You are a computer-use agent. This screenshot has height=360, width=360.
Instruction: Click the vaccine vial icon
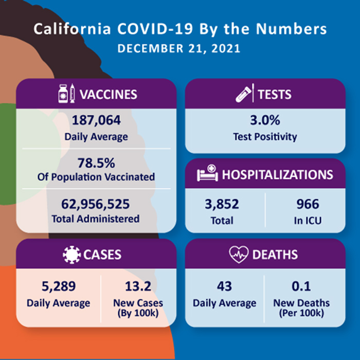point(63,94)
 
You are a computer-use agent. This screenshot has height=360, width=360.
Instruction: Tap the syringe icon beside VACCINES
point(73,93)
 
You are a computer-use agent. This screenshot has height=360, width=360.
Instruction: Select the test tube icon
point(243,94)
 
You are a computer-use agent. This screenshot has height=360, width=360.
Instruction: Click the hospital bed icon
point(207,173)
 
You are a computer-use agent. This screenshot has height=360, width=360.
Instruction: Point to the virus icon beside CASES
point(71,255)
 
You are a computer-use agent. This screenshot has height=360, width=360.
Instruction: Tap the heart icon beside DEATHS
point(239,255)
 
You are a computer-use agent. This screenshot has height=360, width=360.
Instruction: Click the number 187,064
point(96,120)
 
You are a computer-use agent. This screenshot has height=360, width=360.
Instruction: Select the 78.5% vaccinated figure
point(96,163)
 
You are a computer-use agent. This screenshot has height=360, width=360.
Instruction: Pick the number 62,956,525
point(96,204)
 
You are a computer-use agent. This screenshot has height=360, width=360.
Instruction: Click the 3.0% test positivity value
point(265,120)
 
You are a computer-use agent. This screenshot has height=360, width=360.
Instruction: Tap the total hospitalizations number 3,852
point(222,204)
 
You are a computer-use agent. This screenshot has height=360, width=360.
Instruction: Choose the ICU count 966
point(308,204)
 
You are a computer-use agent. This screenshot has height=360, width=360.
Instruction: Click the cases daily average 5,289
point(59,286)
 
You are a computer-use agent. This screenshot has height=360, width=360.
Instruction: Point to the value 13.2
point(138,286)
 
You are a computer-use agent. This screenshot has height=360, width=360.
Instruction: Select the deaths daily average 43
point(224,286)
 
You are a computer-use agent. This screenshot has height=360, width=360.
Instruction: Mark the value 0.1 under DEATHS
point(301,286)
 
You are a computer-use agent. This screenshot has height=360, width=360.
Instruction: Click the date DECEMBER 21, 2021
point(179,48)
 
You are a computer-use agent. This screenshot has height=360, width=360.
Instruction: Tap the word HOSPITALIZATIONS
point(277,174)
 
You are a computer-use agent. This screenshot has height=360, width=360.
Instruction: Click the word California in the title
point(73,29)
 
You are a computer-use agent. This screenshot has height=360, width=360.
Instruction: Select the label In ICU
point(308,221)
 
